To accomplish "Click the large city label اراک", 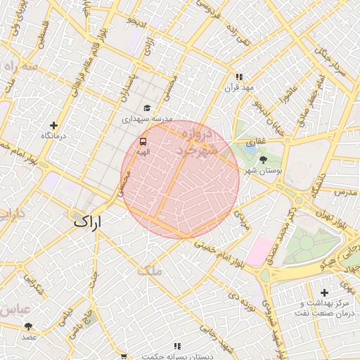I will (x=88, y=221).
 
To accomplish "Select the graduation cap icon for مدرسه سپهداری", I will (x=147, y=108).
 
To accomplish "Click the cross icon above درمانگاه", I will (x=53, y=125).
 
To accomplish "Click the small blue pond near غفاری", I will (x=250, y=148).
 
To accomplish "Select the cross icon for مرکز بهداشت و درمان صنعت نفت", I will (x=323, y=292).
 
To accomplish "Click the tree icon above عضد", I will (x=28, y=326).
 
